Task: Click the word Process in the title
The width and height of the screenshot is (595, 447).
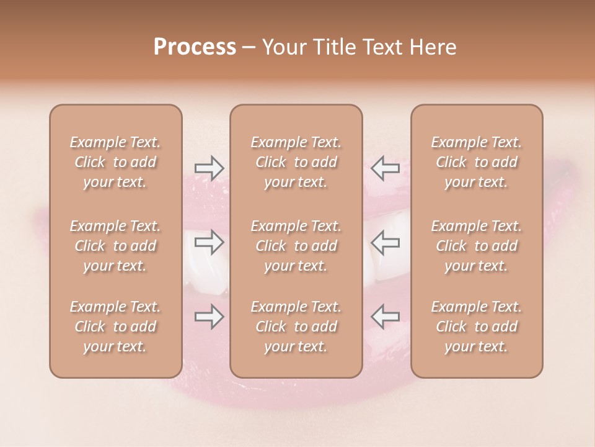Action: coord(195,47)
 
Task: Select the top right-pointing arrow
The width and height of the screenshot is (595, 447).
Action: coord(209,168)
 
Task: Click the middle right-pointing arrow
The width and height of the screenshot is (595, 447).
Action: coord(209,242)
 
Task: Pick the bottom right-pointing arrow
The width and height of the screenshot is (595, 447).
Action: coord(209,317)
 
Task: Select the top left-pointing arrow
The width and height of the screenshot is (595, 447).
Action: coord(386,168)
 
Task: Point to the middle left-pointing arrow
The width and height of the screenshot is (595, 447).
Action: coord(386,242)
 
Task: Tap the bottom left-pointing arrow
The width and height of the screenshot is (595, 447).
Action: coord(386,317)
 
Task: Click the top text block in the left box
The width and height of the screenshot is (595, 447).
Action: coord(115,162)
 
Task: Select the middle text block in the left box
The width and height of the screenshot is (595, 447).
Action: coord(115,246)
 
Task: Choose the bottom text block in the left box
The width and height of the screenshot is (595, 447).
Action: coord(115,327)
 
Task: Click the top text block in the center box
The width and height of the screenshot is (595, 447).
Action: coord(296,162)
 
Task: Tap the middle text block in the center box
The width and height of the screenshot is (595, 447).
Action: coord(296,246)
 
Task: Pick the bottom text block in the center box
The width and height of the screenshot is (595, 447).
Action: coord(296,327)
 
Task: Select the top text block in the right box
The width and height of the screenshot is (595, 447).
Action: coord(477,162)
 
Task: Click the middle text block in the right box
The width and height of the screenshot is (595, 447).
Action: coord(477,246)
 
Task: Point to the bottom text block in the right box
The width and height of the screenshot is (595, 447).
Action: coord(477,327)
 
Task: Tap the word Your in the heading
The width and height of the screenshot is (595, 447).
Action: coord(283,47)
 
